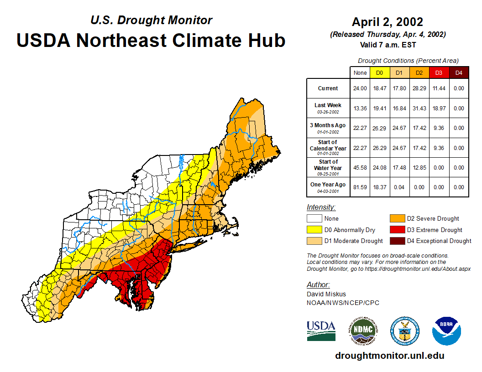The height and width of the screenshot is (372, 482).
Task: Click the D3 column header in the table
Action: coord(439,73)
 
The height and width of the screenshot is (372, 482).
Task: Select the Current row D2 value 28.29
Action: coord(419,88)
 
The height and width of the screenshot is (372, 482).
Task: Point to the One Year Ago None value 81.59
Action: coord(360,187)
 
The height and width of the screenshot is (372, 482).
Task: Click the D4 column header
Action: coord(459,73)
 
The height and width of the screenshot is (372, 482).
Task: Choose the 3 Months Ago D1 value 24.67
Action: coord(399,128)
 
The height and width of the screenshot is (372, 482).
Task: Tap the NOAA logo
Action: coord(447,331)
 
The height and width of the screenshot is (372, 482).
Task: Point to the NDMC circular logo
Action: coord(363,331)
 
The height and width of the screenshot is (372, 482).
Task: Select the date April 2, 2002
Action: coord(388,22)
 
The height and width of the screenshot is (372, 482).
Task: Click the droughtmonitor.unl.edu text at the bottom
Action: coord(389,356)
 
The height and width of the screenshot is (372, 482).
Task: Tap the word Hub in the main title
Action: coord(265,40)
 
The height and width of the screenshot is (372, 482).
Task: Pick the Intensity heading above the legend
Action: coord(321,207)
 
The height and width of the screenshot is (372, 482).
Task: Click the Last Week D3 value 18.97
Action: coord(439,108)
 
